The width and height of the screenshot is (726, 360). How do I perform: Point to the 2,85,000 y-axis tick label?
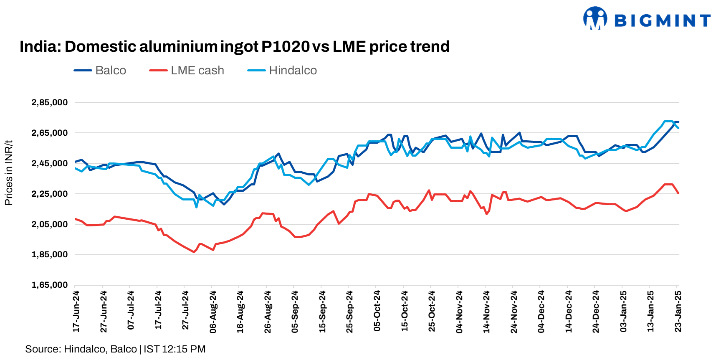(x=50, y=102)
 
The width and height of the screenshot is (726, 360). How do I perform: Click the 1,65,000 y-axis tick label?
(x=50, y=285)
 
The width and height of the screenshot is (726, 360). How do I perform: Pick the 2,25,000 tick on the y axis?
(x=50, y=194)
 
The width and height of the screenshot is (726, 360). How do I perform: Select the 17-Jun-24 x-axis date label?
(x=76, y=312)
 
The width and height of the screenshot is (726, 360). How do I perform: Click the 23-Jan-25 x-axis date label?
(x=678, y=312)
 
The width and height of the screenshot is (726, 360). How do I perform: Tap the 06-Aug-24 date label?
(x=213, y=312)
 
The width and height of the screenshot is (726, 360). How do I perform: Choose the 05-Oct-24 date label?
(x=377, y=312)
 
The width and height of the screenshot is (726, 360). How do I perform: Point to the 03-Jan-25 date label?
(x=623, y=312)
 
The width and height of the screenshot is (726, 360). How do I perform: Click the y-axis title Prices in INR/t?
(x=9, y=173)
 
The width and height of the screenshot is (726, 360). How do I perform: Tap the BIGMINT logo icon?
(x=595, y=18)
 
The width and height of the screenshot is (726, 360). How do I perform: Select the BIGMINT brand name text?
(x=662, y=20)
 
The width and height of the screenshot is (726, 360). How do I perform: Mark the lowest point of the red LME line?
(x=194, y=252)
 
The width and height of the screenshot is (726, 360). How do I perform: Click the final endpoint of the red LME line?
(x=678, y=193)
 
